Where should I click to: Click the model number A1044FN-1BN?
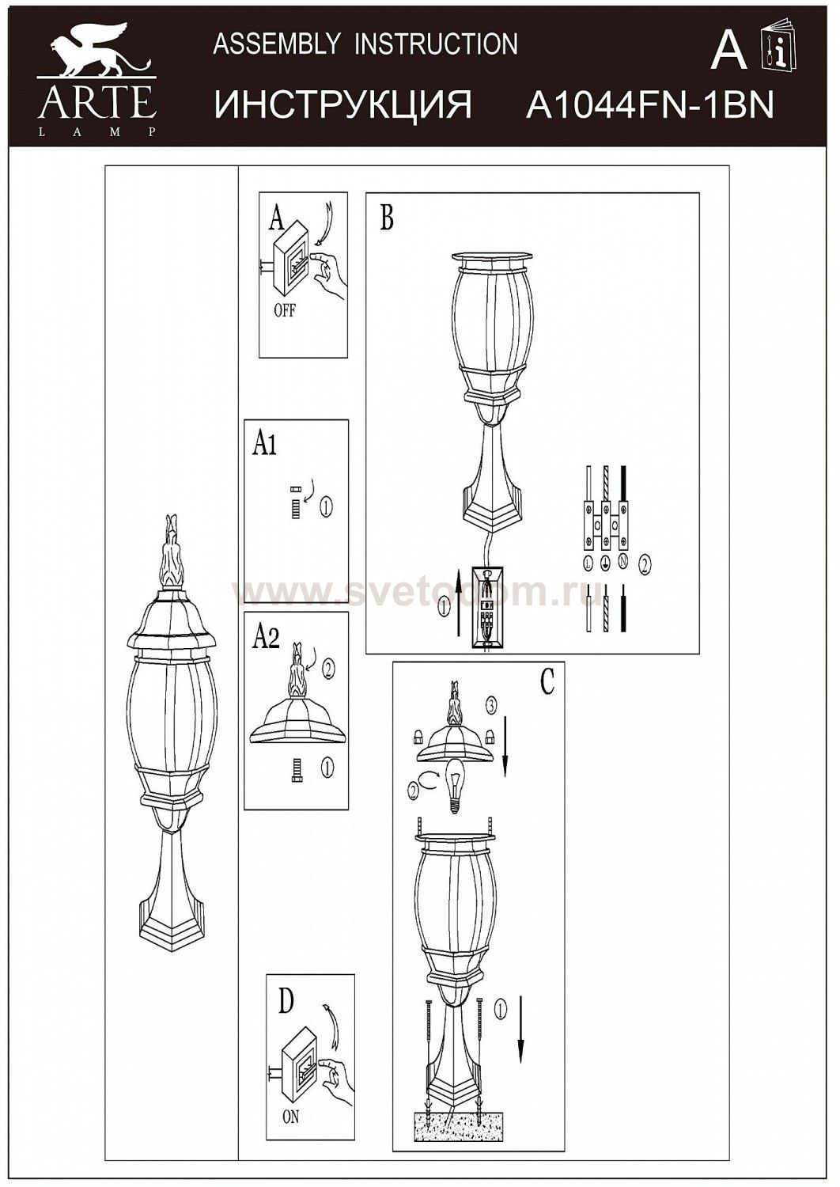(649, 104)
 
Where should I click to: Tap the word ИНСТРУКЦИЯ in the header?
(342, 104)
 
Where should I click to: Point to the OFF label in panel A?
(285, 310)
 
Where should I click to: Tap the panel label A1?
(264, 445)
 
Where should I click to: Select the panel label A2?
(265, 638)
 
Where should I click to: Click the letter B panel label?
(387, 218)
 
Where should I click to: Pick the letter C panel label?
(547, 681)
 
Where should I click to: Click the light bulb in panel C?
(455, 786)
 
